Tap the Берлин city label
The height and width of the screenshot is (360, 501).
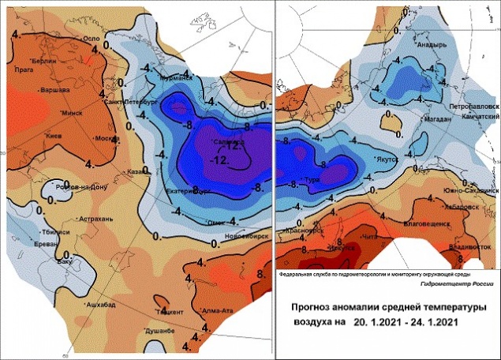(x=46, y=61)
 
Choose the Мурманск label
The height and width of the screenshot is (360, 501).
(x=176, y=78)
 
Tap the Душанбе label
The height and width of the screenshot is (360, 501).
(x=159, y=331)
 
